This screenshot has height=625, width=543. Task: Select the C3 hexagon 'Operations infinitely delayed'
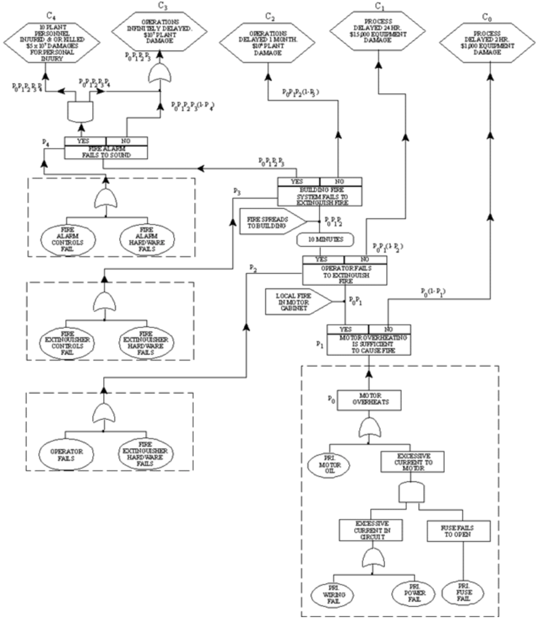coord(159,32)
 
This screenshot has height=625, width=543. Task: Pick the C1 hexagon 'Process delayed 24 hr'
coord(378,32)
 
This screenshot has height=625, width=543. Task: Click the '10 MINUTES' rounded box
coord(325,240)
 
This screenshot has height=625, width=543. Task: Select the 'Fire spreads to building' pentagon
coord(272,223)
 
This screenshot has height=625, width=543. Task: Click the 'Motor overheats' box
coord(369,400)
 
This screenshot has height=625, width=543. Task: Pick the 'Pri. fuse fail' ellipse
coord(463,592)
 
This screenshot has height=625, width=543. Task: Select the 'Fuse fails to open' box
coord(458,531)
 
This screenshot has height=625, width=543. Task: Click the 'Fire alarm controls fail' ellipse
coord(67,239)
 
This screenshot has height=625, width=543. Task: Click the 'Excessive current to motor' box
coord(413,461)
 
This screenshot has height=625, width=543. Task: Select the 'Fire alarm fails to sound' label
coord(106,152)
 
